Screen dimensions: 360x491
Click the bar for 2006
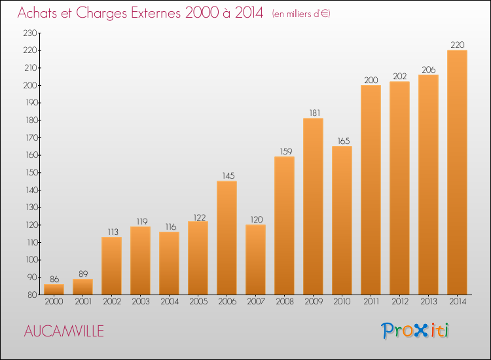227,238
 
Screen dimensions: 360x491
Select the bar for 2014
457,172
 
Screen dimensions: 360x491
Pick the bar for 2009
313,206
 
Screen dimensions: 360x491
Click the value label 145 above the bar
227,175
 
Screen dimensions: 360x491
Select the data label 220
457,45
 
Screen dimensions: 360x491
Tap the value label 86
54,278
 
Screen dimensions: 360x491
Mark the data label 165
342,141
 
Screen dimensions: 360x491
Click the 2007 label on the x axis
255,301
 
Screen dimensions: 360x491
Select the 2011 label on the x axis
371,301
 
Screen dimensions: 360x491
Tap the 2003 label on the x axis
140,301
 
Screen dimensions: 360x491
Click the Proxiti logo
416,331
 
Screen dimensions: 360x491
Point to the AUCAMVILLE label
64,331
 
